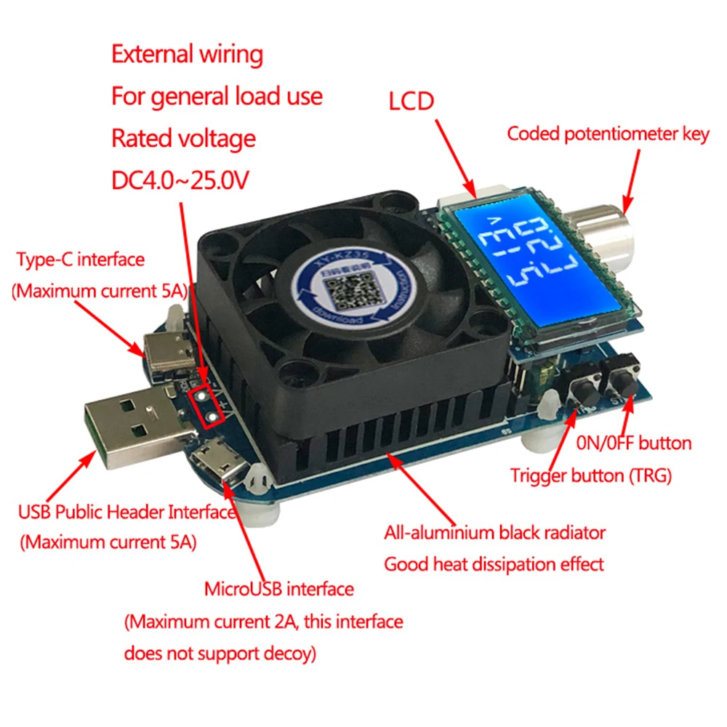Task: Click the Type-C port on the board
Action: (x=168, y=353)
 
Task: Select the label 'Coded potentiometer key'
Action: (x=607, y=134)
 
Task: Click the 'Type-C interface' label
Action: (x=80, y=260)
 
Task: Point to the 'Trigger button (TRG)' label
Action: (x=590, y=476)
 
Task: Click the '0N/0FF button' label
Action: (x=633, y=443)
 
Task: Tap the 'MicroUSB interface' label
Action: (x=279, y=588)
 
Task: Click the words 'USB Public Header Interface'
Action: (x=127, y=512)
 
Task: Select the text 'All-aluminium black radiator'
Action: (x=494, y=532)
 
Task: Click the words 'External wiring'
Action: (x=187, y=55)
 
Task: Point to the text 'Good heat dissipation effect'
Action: (x=494, y=563)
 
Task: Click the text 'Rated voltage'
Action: (x=183, y=138)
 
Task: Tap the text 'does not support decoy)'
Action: (x=220, y=654)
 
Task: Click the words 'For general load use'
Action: (x=217, y=96)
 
